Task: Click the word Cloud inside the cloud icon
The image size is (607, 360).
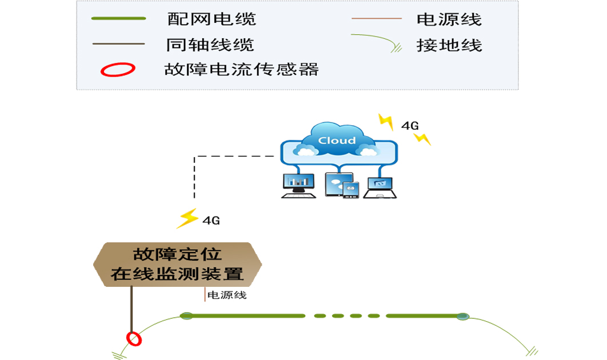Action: tap(337, 140)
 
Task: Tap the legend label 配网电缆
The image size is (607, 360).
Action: tap(211, 19)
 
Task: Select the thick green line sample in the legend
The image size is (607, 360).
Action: tap(119, 19)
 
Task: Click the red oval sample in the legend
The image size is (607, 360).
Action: tap(118, 70)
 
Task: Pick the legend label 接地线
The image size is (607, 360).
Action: tap(449, 45)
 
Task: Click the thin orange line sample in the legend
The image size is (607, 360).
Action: tap(377, 19)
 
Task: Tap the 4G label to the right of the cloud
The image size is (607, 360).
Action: tap(410, 125)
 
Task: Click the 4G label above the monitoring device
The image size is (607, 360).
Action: tap(211, 219)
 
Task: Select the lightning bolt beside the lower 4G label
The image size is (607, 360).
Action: tap(187, 218)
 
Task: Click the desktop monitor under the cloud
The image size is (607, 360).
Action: tap(298, 185)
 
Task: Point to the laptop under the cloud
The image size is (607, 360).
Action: tap(380, 187)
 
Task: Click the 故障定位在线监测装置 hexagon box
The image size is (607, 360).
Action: tap(177, 265)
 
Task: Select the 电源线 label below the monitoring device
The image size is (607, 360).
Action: tap(226, 295)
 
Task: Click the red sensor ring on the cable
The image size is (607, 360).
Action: tap(134, 339)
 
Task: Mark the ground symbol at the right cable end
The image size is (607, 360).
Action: tap(532, 350)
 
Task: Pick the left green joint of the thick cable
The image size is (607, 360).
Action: tap(186, 315)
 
